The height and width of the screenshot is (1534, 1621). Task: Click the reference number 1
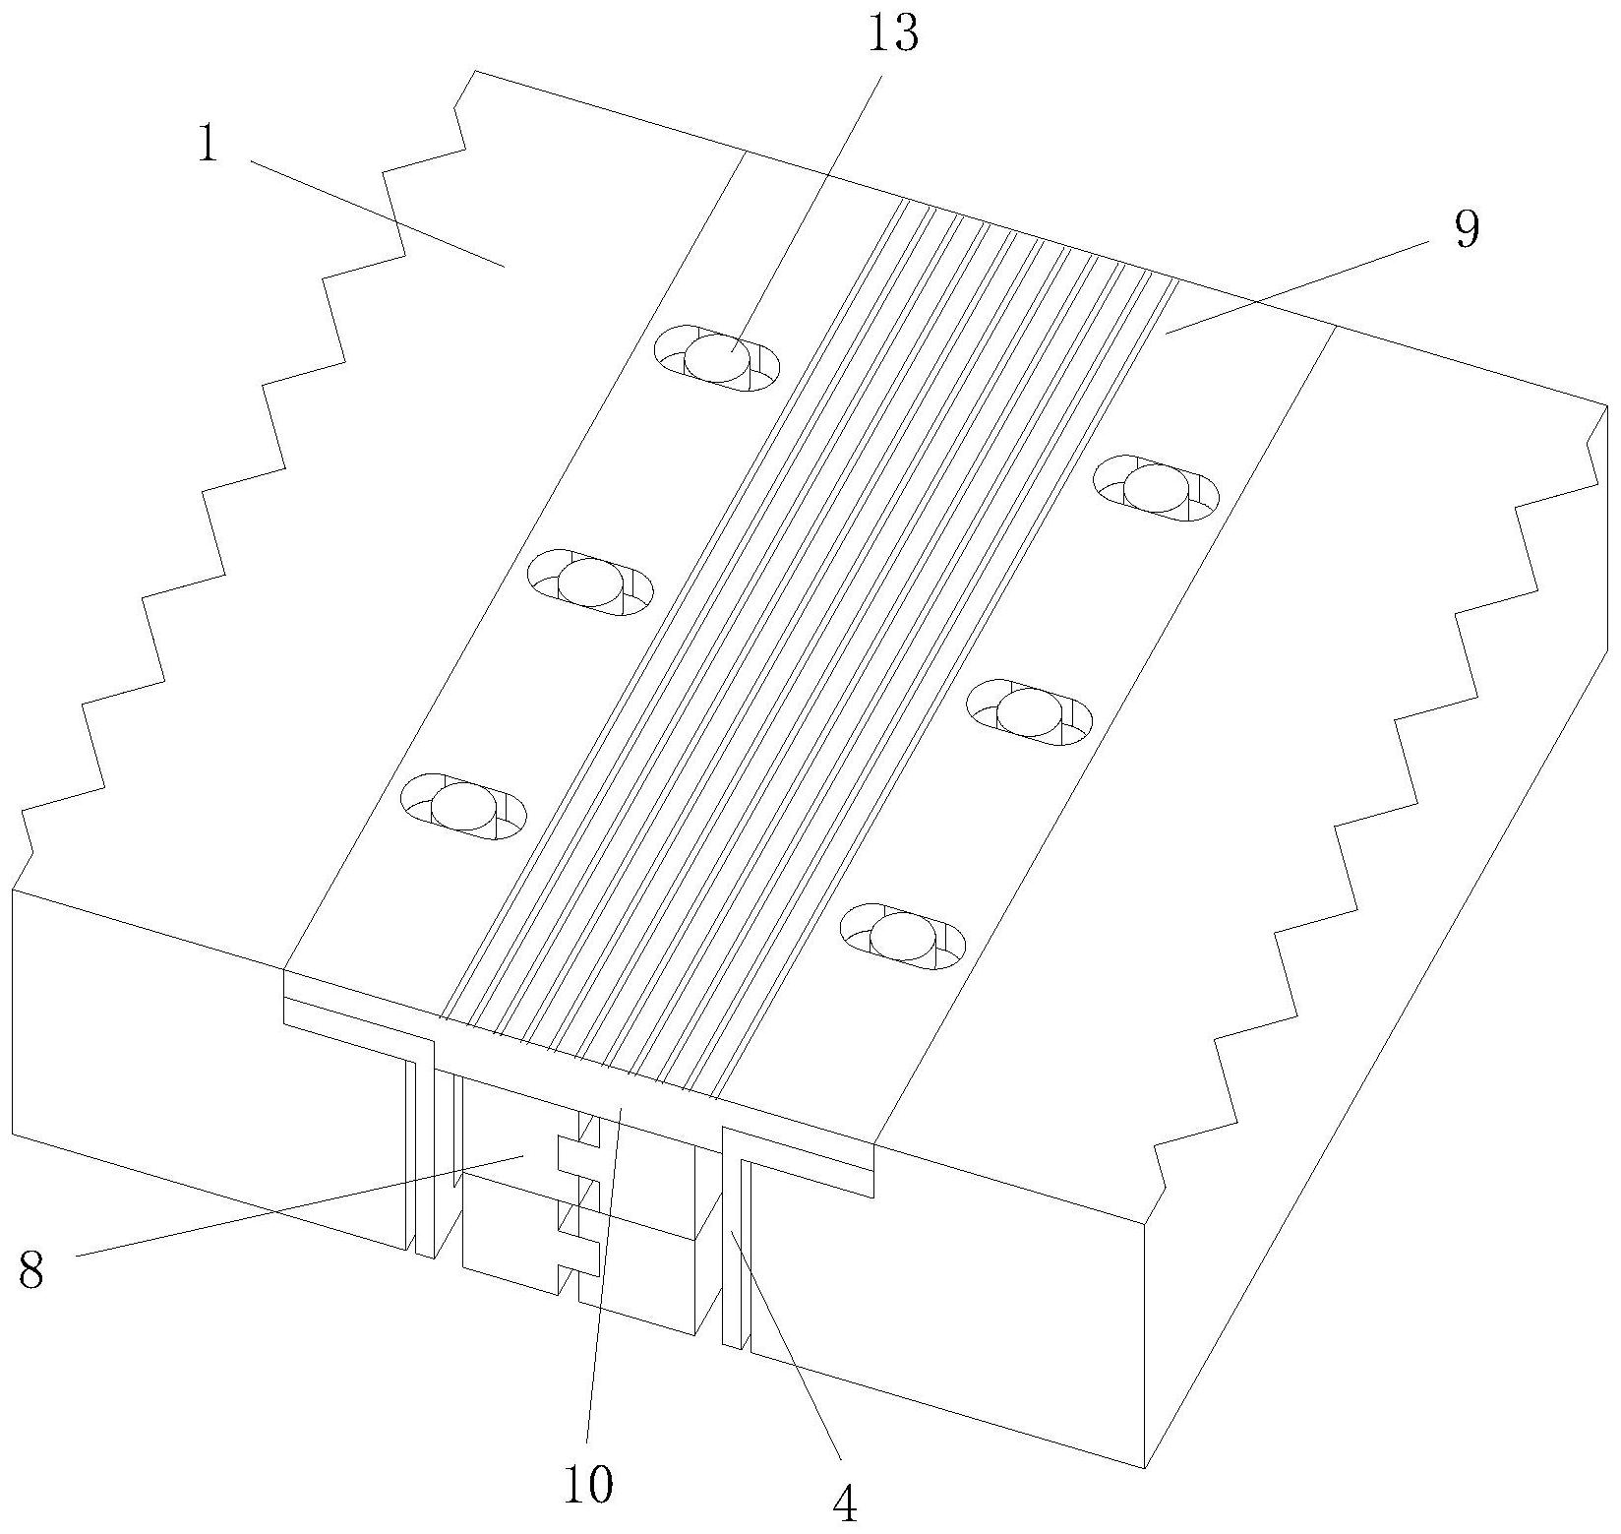pyautogui.click(x=207, y=146)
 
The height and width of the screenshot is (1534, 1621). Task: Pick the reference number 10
pyautogui.click(x=589, y=1485)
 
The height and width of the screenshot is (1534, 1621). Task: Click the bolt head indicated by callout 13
pyautogui.click(x=717, y=357)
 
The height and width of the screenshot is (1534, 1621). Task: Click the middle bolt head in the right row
pyautogui.click(x=1029, y=711)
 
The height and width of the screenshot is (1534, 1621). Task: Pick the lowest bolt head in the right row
pyautogui.click(x=902, y=935)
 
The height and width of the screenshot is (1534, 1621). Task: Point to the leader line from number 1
pyautogui.click(x=374, y=212)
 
